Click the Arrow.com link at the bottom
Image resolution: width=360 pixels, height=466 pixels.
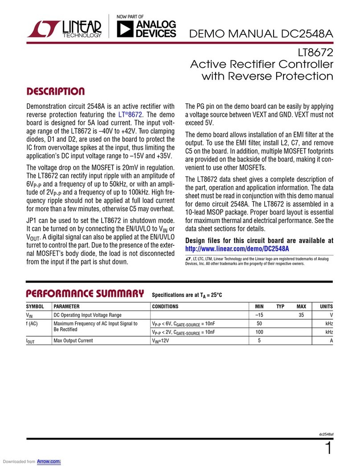click(x=49, y=462)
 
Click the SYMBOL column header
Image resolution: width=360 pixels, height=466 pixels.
click(x=35, y=307)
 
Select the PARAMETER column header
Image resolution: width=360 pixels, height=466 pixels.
click(x=67, y=307)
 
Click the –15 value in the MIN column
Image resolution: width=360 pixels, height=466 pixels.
click(x=259, y=315)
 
